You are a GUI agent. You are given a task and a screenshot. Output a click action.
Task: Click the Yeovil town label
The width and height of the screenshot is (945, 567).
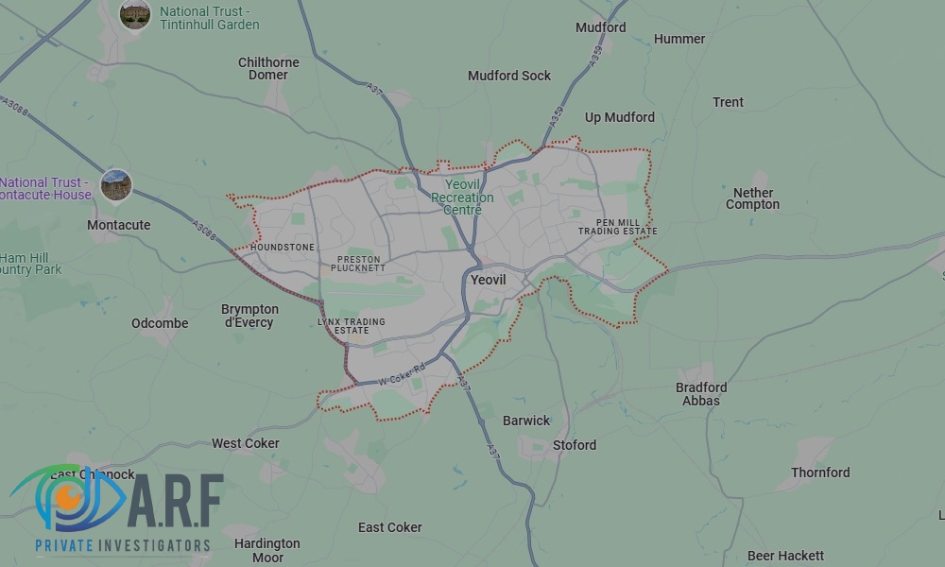coord(489,281)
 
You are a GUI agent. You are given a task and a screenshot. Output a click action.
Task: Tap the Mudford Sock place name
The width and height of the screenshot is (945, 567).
coord(509,76)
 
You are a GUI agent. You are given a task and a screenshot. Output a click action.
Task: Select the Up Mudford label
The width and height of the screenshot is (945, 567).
coord(619,117)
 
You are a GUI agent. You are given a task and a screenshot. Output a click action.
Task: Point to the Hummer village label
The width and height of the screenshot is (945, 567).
coord(679,39)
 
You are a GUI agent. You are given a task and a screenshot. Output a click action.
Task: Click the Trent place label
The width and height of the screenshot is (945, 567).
coord(729,102)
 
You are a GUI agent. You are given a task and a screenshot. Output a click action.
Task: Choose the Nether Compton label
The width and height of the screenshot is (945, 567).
coord(753,198)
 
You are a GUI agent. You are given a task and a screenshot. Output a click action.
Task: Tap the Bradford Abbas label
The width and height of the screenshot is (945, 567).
coord(701,394)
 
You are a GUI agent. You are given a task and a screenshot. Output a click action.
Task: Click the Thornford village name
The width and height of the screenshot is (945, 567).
coord(820,472)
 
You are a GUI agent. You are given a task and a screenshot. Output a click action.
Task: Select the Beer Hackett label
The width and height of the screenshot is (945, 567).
coord(785,556)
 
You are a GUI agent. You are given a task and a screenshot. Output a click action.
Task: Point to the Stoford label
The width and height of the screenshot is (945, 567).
coord(575,445)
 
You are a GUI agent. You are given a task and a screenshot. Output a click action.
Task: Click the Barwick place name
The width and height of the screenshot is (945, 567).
coord(526,421)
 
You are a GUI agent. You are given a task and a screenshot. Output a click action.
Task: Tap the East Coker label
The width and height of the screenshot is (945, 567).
coord(390,527)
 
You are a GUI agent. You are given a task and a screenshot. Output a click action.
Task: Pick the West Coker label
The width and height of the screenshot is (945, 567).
coord(246,443)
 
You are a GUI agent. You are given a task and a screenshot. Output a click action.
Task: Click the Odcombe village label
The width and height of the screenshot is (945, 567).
coord(160,323)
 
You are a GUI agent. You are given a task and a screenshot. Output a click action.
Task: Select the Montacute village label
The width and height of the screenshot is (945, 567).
coord(118,225)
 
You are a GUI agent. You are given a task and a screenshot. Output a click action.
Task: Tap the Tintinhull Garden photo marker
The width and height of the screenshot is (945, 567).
coord(135,13)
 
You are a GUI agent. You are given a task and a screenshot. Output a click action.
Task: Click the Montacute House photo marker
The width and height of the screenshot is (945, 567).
coord(116,184)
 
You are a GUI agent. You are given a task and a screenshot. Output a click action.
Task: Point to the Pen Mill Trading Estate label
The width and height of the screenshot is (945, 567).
coord(618,227)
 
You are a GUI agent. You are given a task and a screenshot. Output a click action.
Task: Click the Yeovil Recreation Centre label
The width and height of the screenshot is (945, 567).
coord(462,198)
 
